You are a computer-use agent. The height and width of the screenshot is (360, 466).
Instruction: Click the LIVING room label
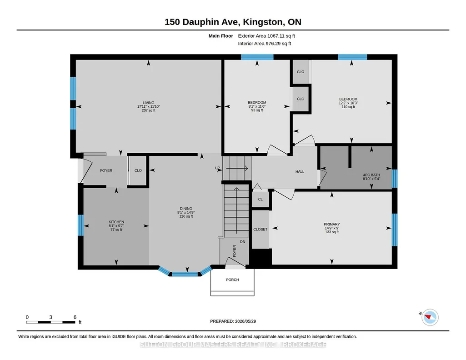(x=148, y=103)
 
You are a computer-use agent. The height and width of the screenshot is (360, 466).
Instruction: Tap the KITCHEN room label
(x=116, y=222)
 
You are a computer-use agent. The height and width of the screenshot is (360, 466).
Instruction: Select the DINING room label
(x=186, y=209)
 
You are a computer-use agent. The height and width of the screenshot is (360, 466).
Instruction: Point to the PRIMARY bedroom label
(x=332, y=224)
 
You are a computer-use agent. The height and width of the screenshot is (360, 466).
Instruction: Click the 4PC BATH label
(x=371, y=175)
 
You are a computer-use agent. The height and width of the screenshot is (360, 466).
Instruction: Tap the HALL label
(x=300, y=171)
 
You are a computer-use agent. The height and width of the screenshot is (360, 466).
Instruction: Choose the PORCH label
(x=232, y=280)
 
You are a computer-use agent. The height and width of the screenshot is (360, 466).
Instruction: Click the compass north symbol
(x=430, y=317)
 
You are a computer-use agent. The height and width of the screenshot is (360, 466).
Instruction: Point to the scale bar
(x=50, y=322)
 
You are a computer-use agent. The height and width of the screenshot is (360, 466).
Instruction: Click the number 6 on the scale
(x=75, y=317)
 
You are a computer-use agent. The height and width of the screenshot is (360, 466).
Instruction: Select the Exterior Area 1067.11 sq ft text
(x=266, y=36)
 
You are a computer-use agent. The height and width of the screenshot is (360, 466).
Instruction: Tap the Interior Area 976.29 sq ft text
(x=265, y=43)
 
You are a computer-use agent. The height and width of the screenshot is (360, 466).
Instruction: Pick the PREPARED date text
(x=233, y=321)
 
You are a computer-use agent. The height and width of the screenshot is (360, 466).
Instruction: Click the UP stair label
(x=218, y=168)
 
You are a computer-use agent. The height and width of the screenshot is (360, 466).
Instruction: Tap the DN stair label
(x=242, y=241)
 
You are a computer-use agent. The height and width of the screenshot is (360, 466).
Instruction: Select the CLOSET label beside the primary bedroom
(x=261, y=229)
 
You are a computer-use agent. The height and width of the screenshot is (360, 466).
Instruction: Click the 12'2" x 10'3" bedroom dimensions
(x=348, y=103)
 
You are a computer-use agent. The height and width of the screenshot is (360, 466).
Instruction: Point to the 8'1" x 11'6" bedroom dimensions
(x=257, y=106)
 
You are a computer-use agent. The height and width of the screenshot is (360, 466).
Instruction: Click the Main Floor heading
(x=221, y=36)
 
